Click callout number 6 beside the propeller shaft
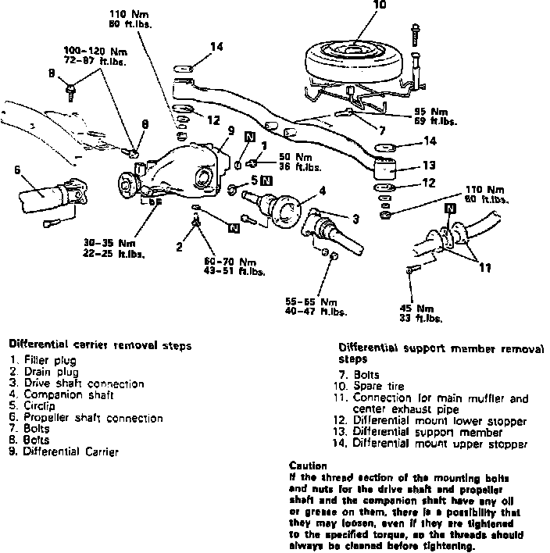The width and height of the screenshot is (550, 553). coord(17,169)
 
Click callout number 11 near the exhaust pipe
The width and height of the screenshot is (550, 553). coord(484,268)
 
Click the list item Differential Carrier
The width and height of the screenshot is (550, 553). coord(70,451)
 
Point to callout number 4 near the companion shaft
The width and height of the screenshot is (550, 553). coord(322,190)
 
